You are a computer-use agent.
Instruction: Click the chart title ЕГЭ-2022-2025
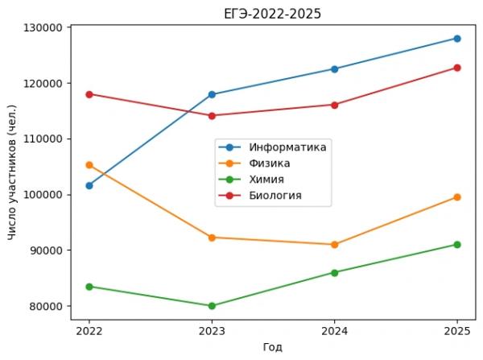click(273, 14)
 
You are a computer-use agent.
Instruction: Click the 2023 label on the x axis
click(212, 330)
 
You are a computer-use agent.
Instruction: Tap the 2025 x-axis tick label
click(457, 330)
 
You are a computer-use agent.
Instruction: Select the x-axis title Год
click(273, 347)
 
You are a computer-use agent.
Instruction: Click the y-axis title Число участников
click(12, 167)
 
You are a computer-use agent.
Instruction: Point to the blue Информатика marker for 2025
click(457, 39)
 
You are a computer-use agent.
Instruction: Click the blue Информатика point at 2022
click(89, 185)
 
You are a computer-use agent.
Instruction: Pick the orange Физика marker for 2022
click(89, 165)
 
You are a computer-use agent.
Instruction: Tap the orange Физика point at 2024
click(334, 244)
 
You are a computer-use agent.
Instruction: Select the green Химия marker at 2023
click(212, 306)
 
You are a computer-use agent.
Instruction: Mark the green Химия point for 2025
click(457, 244)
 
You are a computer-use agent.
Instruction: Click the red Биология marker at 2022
click(89, 94)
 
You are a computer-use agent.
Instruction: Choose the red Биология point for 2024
click(334, 105)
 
